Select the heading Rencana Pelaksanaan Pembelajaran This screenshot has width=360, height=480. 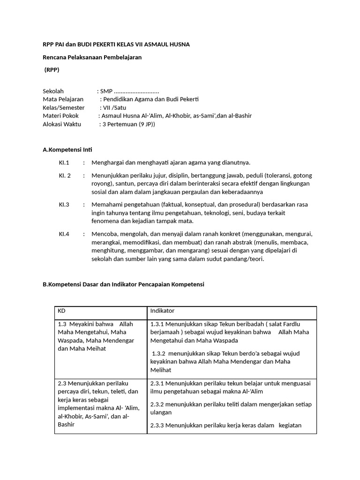pos(92,57)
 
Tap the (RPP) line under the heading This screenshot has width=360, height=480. pos(52,70)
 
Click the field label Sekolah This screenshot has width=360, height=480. pos(53,91)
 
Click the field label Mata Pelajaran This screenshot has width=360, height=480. pos(63,99)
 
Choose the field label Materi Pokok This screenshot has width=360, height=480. pos(61,116)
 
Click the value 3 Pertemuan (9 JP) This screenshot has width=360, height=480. pos(128,124)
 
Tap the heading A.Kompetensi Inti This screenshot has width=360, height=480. pos(67,150)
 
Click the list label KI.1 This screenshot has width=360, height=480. pos(64,163)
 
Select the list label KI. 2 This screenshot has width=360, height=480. pos(65,175)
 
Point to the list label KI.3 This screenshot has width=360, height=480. pos(64,205)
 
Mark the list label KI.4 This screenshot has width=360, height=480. pos(64,234)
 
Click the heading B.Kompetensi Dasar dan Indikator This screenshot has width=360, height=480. pos(123,285)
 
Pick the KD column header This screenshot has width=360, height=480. pos(62,311)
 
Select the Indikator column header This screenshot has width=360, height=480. pos(162,311)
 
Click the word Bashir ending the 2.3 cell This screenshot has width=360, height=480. pos(66,425)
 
